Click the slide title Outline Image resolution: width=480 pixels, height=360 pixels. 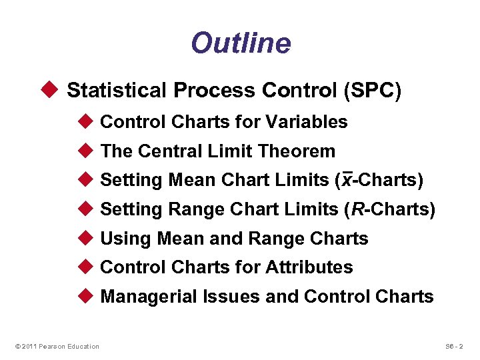tap(241, 43)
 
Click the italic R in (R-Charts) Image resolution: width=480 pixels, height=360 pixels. tap(358, 209)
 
